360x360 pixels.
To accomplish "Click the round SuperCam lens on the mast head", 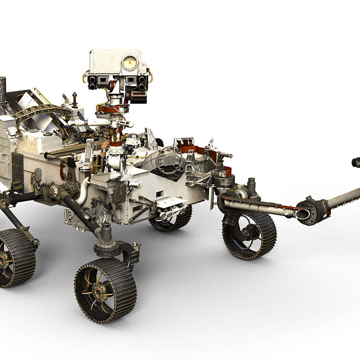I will [129, 63].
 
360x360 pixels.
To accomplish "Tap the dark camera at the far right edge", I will [356, 162].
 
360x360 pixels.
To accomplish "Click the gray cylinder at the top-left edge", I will [2, 89].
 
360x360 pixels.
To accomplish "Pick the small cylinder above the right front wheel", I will [251, 187].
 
